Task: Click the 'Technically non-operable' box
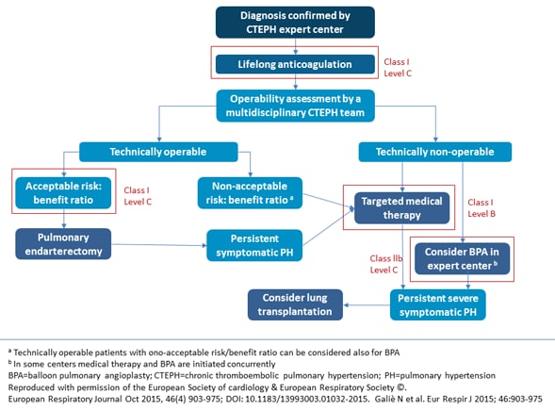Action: (435, 151)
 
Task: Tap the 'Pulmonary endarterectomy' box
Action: (63, 243)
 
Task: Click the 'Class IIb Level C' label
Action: (381, 265)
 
